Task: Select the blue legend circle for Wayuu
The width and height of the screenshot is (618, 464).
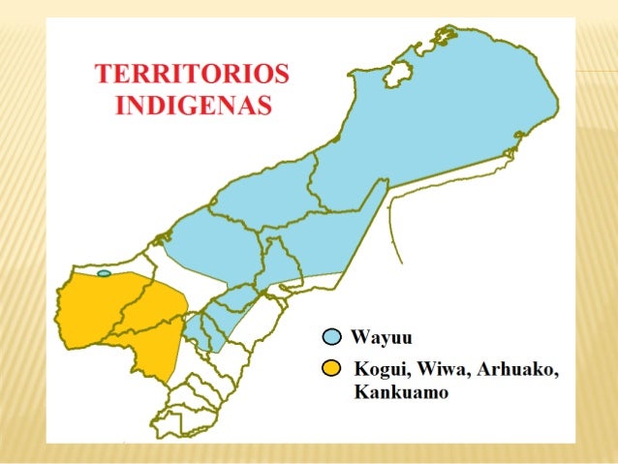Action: (332, 337)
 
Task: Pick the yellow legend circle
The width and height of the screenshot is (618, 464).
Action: (332, 369)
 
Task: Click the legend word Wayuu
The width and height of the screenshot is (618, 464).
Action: (382, 338)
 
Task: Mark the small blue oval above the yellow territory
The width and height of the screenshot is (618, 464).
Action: (104, 274)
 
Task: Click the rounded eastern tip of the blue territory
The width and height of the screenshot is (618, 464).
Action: (553, 97)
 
